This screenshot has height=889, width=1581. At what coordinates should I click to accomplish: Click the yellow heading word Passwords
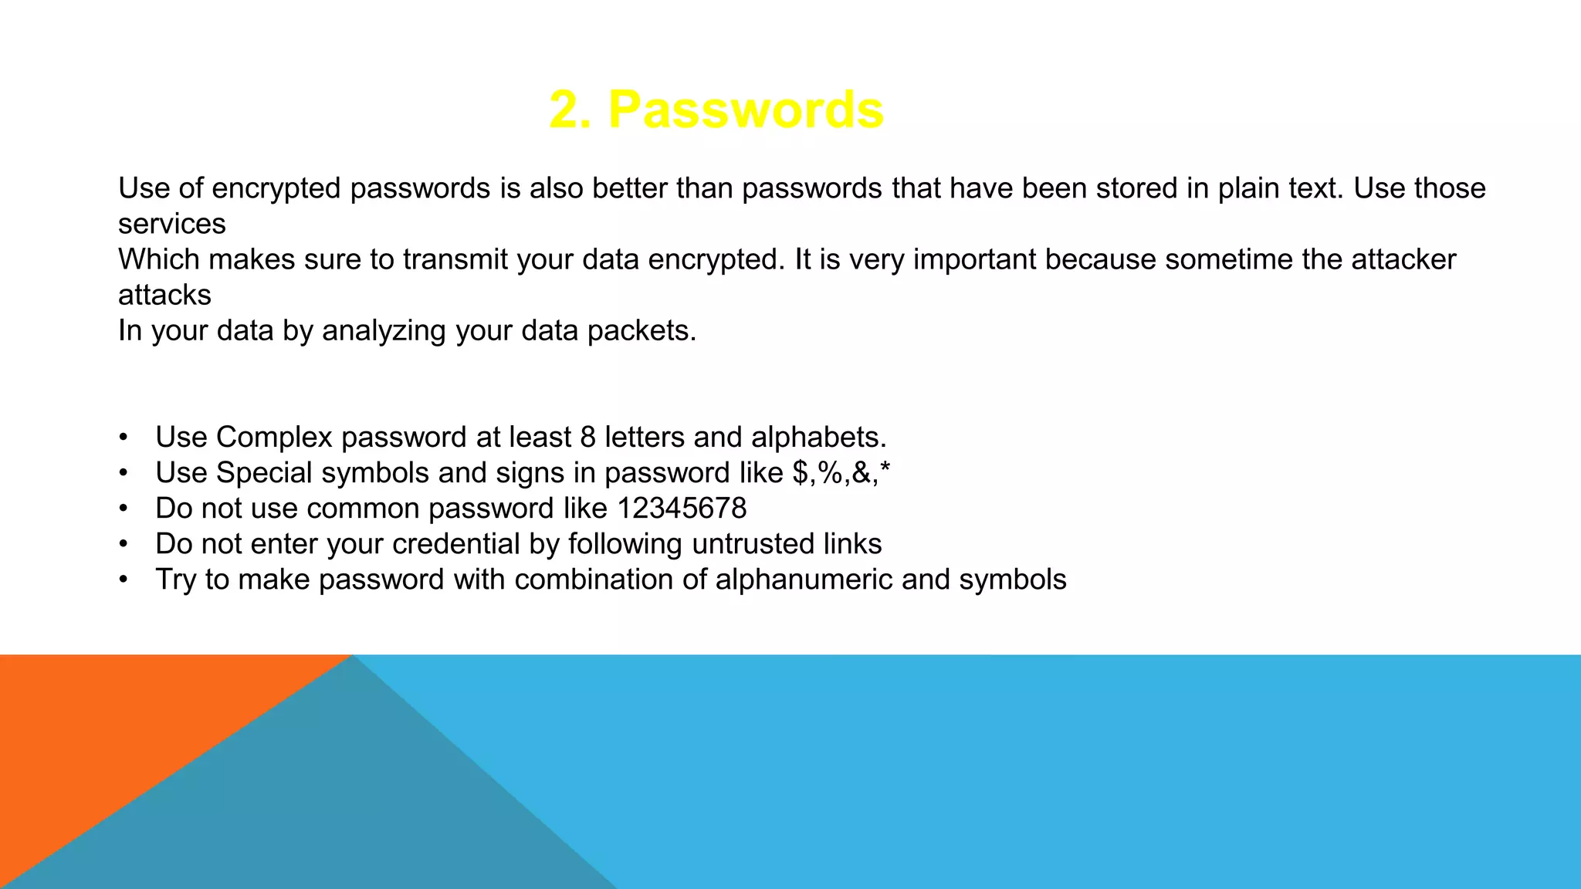pos(746,110)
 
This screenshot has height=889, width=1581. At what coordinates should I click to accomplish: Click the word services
pos(171,224)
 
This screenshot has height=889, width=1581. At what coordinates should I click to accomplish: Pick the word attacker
pos(1403,259)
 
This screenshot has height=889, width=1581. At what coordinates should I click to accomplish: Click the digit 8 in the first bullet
pos(587,438)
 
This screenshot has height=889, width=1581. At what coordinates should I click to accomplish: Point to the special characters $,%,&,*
pos(841,472)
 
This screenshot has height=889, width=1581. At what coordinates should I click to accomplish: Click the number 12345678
pos(682,509)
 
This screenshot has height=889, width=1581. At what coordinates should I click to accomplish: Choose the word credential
pos(456,544)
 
